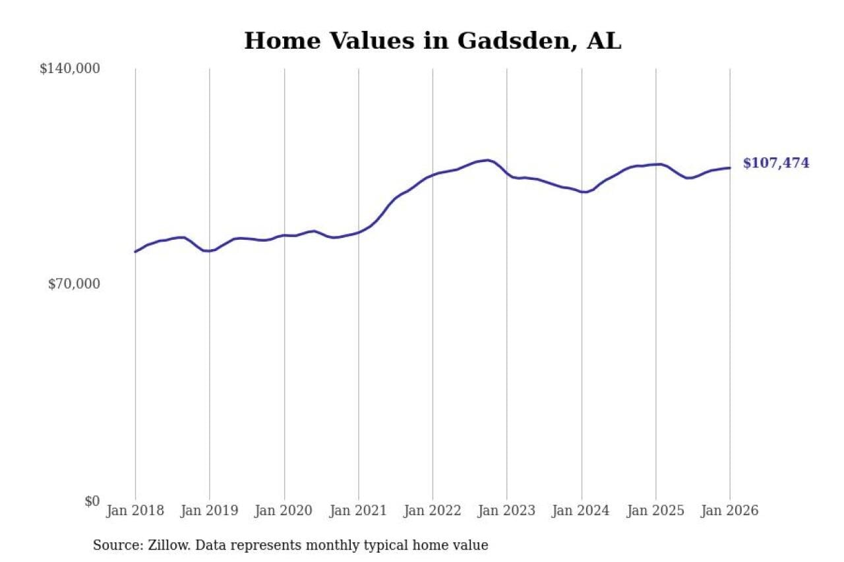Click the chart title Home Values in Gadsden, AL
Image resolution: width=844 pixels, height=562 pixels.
(x=433, y=41)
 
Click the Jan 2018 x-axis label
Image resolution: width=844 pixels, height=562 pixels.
(x=135, y=511)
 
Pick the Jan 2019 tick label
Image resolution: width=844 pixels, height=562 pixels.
(x=210, y=511)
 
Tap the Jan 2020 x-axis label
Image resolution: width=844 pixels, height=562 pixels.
(x=284, y=511)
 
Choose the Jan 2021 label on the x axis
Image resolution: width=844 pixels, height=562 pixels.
(x=359, y=511)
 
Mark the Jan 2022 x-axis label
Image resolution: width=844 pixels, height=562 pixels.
(x=433, y=511)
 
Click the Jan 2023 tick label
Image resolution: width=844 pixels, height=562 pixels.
(x=507, y=511)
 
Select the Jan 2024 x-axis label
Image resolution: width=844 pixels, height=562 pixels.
(x=582, y=511)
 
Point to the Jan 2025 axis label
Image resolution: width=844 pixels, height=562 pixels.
(x=655, y=511)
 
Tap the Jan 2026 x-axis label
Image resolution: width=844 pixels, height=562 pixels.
(x=730, y=511)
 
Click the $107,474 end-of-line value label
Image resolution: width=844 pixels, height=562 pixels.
(x=776, y=163)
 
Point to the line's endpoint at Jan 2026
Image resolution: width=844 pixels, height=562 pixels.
(x=730, y=168)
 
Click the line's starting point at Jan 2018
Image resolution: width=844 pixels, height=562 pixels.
(x=135, y=252)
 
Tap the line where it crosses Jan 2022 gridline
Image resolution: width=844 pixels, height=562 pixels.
(x=433, y=175)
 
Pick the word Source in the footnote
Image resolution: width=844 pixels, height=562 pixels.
(x=113, y=546)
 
